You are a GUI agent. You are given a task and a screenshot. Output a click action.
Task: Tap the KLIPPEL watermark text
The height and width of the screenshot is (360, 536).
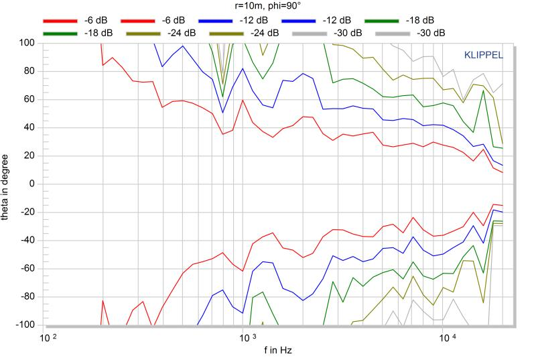pos(484,55)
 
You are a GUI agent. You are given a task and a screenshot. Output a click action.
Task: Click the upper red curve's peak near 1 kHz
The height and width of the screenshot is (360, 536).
pos(242,100)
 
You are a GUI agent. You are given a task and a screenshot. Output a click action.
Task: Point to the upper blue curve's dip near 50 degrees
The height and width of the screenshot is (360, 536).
pos(223,113)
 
